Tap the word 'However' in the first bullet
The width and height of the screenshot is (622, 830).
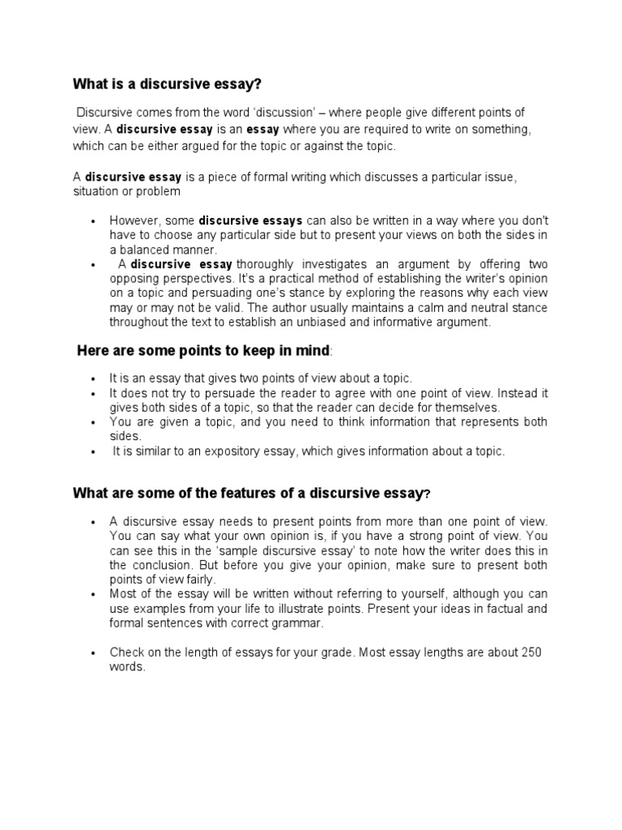pos(134,220)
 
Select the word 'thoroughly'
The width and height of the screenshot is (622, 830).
pos(265,264)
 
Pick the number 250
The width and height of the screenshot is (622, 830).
pos(531,652)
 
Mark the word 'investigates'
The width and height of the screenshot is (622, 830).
pos(339,264)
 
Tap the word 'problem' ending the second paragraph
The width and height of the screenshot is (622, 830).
pos(160,191)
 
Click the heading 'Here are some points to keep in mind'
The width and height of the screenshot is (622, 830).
pos(203,350)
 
